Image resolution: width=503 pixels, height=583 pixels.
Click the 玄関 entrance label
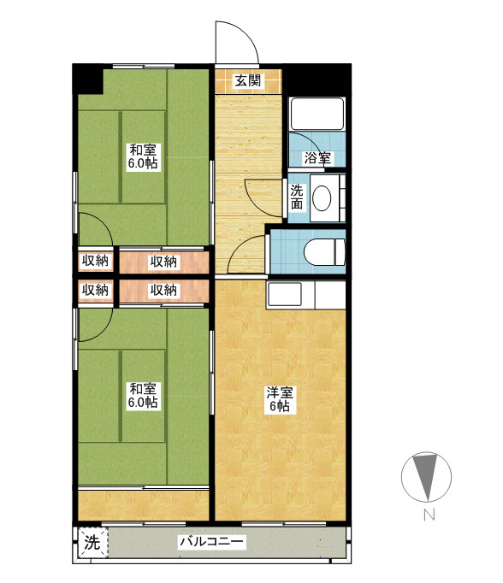247,80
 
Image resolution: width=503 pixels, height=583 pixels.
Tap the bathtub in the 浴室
317,115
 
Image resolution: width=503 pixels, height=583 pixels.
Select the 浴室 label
317,158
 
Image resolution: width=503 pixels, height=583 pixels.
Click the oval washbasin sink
322,197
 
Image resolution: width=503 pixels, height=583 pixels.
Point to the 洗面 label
297,197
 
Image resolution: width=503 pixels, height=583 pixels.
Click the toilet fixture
324,251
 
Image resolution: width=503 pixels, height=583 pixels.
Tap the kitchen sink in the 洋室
285,294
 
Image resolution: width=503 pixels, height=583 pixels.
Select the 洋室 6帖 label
280,399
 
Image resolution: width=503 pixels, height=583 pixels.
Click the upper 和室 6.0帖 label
143,156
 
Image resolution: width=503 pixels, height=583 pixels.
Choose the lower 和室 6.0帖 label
143,396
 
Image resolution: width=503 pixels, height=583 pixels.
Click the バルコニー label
211,541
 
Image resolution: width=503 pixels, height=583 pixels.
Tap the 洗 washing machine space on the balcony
92,543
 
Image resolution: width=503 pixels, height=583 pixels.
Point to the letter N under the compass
429,515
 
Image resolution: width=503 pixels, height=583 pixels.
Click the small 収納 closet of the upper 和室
95,262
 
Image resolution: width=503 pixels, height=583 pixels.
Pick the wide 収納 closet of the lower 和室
163,291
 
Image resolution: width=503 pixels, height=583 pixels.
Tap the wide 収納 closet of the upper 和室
163,262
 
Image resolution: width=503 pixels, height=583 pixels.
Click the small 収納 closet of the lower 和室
95,290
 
